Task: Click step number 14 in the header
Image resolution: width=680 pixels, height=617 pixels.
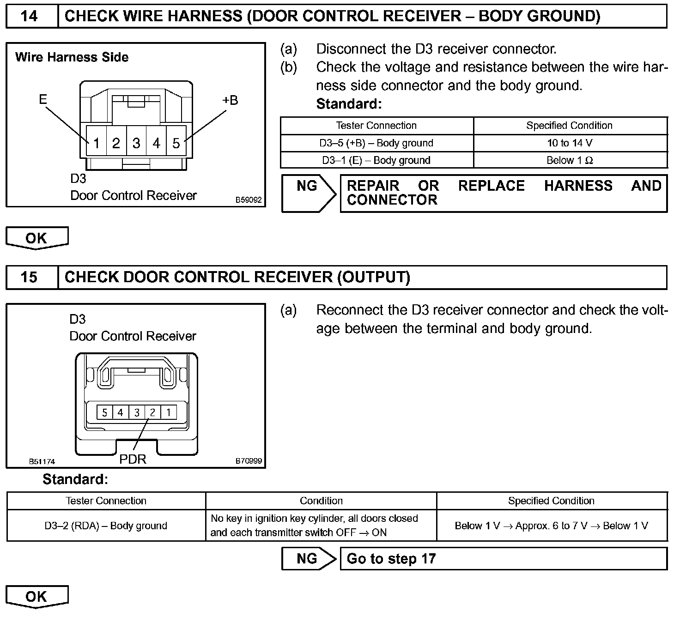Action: coord(30,17)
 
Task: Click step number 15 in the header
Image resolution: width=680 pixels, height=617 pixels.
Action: coord(30,277)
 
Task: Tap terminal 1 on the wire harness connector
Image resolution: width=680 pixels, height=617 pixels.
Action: coord(96,143)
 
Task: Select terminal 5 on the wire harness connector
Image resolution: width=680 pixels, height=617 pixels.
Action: coord(176,143)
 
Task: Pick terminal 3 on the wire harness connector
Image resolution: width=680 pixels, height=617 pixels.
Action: coord(136,143)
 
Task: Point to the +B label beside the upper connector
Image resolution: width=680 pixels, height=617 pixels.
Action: coord(230,100)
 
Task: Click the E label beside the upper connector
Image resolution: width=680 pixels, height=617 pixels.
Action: coord(43,99)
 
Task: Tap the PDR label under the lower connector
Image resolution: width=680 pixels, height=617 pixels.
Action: coord(133,459)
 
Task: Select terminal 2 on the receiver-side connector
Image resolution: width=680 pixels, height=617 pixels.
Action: coord(152,412)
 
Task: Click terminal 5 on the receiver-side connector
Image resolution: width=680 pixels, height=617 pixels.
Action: coord(104,412)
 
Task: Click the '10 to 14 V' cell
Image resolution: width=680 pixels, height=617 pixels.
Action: coord(570,143)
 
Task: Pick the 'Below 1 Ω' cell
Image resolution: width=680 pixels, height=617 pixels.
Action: coord(570,160)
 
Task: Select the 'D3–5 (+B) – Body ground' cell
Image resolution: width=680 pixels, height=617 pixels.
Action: coord(376,143)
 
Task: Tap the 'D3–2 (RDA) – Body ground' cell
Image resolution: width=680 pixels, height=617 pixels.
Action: coord(106,526)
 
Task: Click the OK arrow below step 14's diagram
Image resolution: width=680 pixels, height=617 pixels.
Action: coord(36,238)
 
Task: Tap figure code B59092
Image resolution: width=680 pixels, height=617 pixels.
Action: coord(249,200)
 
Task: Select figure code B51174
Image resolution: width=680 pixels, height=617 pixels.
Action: coord(42,461)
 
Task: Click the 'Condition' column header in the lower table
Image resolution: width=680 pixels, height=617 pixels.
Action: coord(321,501)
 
